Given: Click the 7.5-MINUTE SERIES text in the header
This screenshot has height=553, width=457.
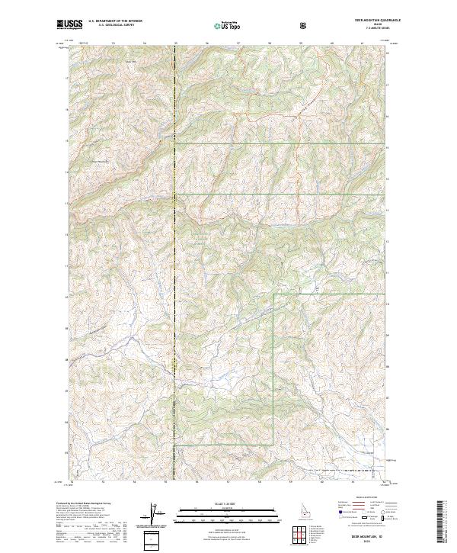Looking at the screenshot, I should coord(365,29).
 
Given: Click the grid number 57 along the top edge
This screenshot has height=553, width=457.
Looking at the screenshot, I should coord(238,43).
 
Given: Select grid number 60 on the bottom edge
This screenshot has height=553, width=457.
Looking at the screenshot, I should coord(322,481).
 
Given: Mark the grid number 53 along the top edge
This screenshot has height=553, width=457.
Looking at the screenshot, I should coord(113,43).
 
